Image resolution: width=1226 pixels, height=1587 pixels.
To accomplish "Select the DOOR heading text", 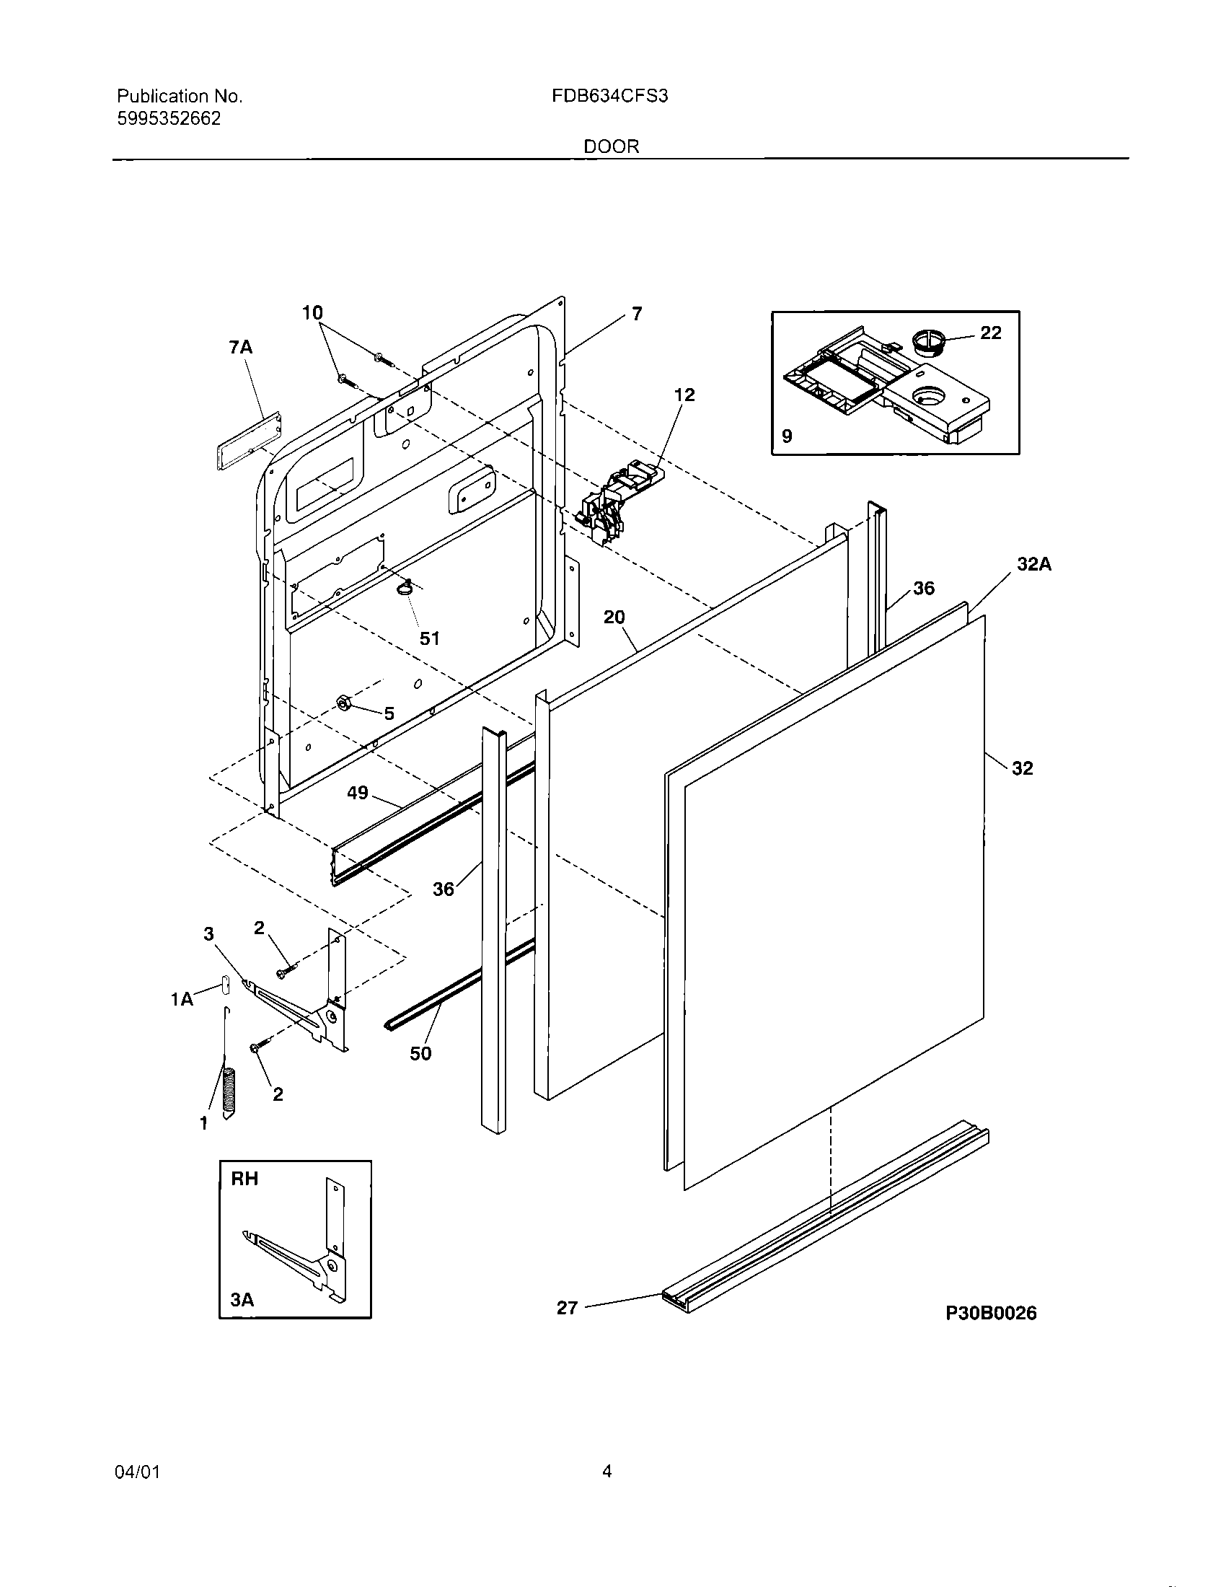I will (612, 146).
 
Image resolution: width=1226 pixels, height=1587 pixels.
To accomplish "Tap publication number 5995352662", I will (169, 119).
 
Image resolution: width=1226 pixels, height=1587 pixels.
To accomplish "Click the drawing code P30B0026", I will (991, 1313).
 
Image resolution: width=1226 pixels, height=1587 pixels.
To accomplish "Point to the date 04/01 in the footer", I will (137, 1472).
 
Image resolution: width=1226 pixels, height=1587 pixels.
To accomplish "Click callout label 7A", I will (240, 348).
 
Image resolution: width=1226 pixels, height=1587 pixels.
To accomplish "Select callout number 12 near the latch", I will (684, 395).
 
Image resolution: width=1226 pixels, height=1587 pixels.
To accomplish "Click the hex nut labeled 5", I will (344, 703).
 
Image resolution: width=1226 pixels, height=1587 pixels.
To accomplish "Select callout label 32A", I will (1033, 564).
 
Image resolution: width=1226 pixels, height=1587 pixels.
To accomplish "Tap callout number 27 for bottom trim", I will (567, 1308).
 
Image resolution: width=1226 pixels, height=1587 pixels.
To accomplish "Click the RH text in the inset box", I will (244, 1179).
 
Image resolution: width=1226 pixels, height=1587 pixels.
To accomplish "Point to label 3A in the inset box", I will (242, 1300).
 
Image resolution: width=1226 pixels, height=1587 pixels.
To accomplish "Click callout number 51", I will (430, 638).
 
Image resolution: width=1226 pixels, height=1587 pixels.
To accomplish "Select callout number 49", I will (357, 793).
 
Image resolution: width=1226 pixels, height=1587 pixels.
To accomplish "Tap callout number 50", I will (420, 1053).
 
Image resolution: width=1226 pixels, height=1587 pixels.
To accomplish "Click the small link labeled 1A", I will (224, 985).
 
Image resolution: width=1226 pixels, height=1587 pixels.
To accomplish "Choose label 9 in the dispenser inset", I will (787, 436).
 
